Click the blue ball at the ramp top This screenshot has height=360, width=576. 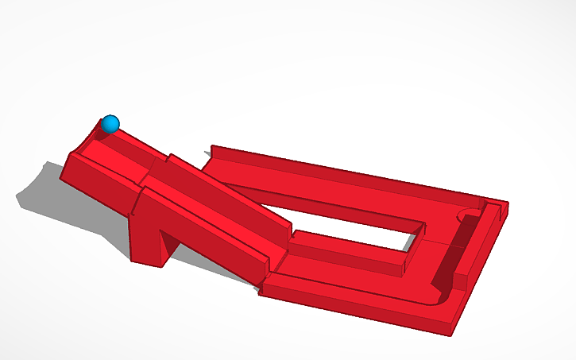point(110,124)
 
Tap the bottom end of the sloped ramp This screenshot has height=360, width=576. point(274,254)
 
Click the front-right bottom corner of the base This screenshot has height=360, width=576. point(452,331)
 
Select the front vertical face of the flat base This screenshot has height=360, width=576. point(358,310)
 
